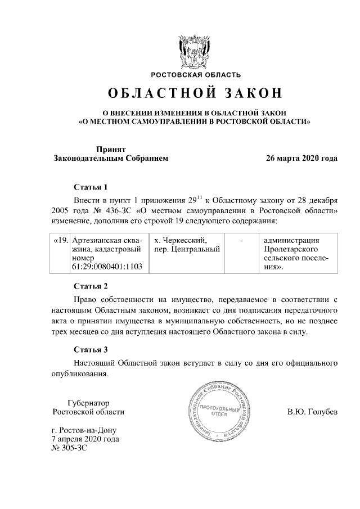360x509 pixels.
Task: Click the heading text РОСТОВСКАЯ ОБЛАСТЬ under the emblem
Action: click(195, 74)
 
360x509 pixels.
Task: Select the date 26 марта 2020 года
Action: click(302, 159)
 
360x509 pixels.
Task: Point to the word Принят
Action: click(110, 149)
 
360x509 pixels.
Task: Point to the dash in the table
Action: click(241, 241)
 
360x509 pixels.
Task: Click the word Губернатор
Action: click(88, 403)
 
